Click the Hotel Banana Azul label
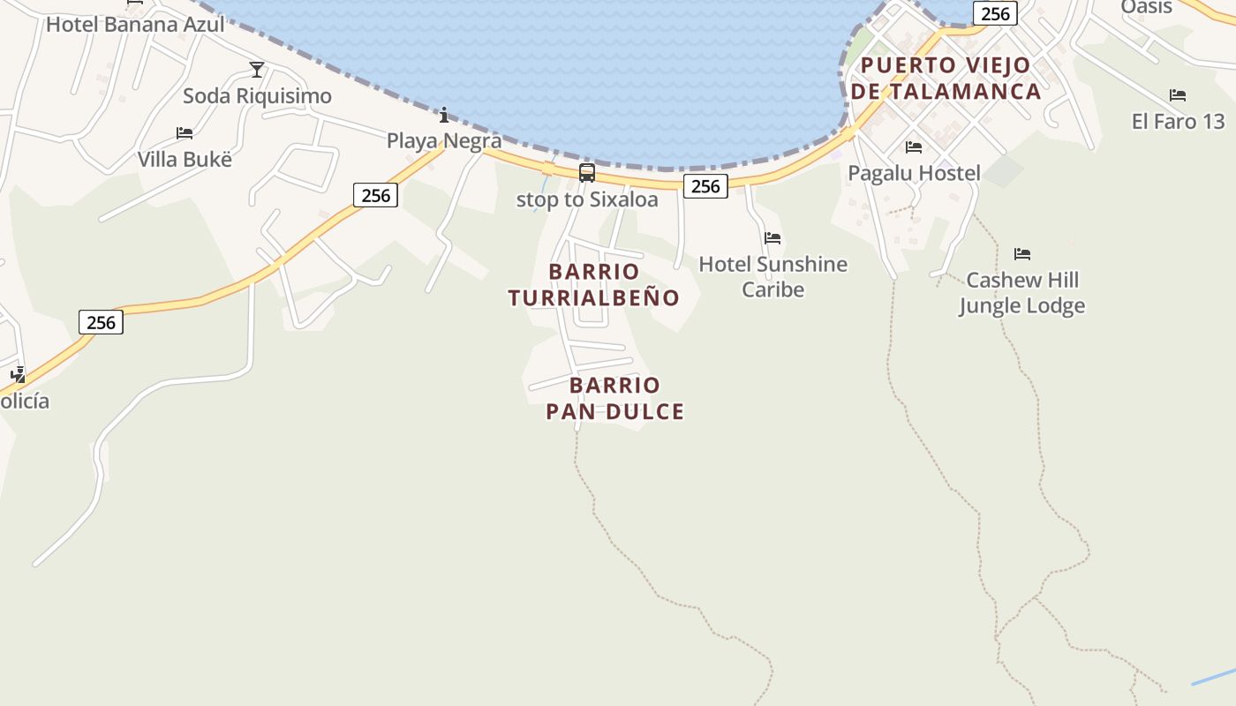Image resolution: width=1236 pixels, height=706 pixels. [x=135, y=24]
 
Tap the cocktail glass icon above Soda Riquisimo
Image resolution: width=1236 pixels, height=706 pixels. [x=257, y=69]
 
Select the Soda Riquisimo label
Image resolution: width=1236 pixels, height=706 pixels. [x=257, y=95]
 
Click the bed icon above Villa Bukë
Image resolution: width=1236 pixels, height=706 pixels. [x=185, y=133]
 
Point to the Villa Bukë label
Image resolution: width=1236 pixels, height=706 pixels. [x=185, y=159]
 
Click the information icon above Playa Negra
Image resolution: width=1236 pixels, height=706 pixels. [x=444, y=115]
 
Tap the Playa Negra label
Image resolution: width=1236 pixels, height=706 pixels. [x=444, y=140]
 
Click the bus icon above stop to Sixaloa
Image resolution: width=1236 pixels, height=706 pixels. [x=587, y=173]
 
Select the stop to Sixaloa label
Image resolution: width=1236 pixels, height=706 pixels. [x=587, y=199]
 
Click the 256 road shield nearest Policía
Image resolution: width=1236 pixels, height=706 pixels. [x=101, y=322]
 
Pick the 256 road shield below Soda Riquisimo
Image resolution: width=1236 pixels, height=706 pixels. [x=376, y=195]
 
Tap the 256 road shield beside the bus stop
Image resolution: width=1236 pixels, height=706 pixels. [x=705, y=185]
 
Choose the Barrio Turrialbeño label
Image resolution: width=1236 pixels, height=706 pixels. [x=593, y=284]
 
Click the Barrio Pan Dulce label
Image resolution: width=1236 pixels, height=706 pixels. [x=614, y=398]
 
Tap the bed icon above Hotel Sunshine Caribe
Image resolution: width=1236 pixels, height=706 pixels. [x=772, y=238]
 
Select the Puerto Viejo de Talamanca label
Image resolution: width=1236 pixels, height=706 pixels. [x=946, y=78]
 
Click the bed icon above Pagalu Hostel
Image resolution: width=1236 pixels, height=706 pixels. [x=914, y=147]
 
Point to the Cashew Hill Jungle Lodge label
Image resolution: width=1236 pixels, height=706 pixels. [x=1021, y=293]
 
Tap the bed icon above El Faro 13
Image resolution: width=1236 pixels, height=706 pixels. [x=1178, y=95]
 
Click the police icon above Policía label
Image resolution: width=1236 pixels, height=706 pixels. [x=18, y=374]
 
